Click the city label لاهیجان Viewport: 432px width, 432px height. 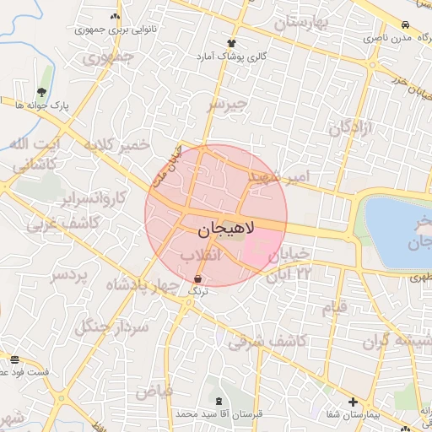[x=223, y=230]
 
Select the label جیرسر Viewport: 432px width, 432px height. [x=228, y=104]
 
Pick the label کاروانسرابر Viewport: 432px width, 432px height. [x=93, y=199]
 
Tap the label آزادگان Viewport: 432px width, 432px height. [x=350, y=129]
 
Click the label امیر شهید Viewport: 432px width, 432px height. [x=288, y=177]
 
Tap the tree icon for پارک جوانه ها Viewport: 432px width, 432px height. [x=42, y=92]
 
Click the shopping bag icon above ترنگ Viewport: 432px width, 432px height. [x=197, y=277]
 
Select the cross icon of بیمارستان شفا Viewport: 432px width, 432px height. [x=353, y=402]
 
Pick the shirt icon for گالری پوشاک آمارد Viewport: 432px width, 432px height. [x=231, y=42]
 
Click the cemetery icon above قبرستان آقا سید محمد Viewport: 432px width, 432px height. [x=220, y=401]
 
